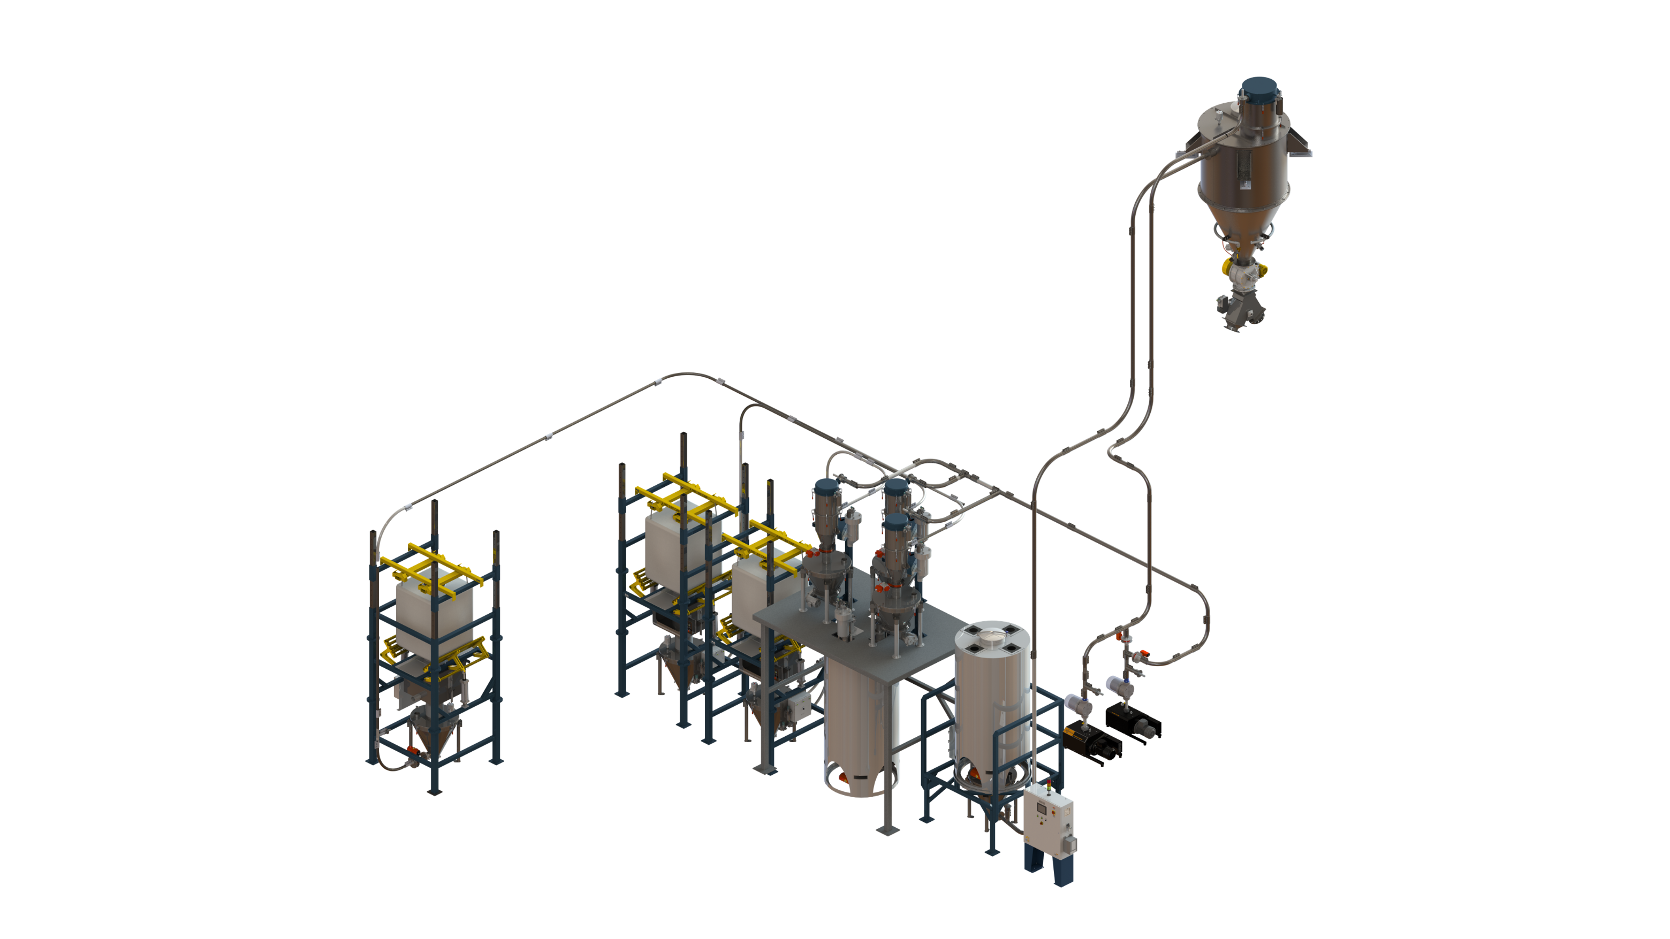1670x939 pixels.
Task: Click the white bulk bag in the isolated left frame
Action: coord(434,616)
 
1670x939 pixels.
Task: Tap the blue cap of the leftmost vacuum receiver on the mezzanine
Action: coord(827,488)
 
